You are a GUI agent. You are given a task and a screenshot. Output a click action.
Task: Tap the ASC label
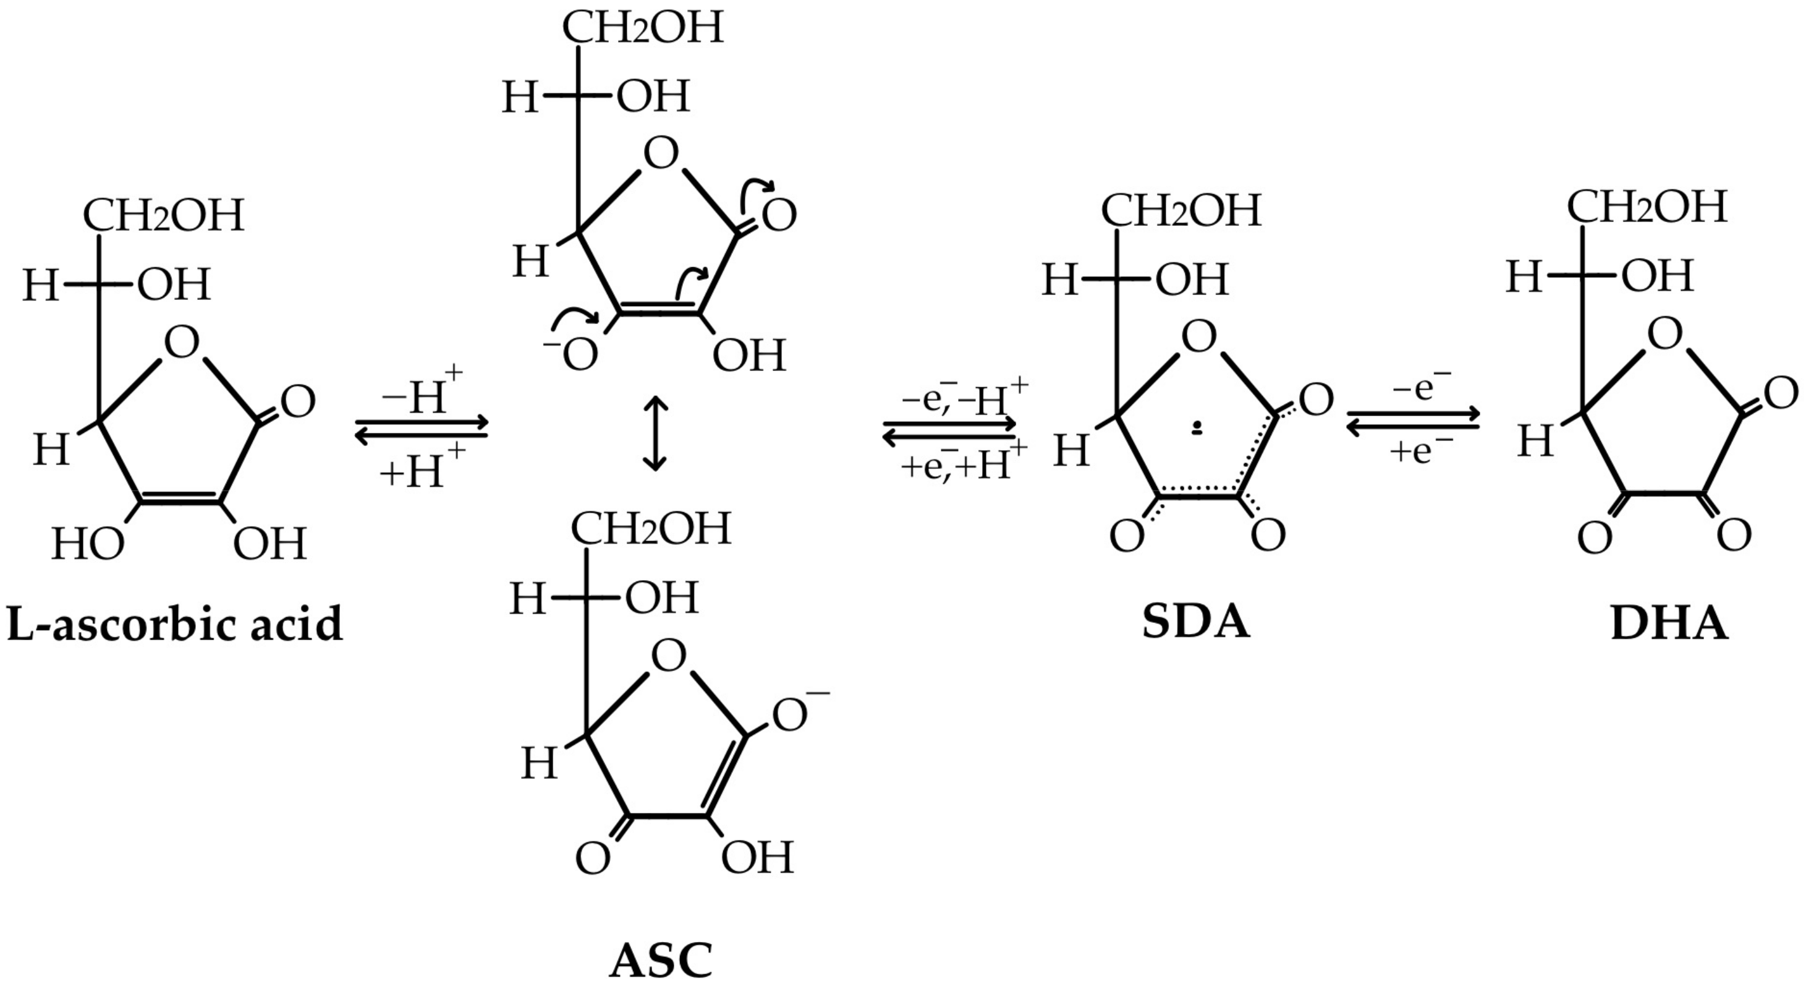click(661, 961)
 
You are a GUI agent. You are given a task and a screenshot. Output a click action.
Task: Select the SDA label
click(1196, 622)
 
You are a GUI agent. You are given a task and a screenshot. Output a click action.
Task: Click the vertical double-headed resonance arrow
click(655, 434)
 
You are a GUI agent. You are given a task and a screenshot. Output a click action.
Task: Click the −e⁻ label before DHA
click(1421, 387)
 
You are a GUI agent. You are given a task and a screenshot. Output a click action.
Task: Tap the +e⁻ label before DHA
click(1421, 450)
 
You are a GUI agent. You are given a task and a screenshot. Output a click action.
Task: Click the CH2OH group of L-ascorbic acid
click(163, 215)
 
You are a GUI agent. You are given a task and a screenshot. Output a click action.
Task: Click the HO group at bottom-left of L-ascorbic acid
click(88, 544)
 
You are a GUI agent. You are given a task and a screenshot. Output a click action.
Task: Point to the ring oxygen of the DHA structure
click(1664, 335)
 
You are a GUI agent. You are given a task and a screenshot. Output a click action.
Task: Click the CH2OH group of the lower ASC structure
click(651, 528)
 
